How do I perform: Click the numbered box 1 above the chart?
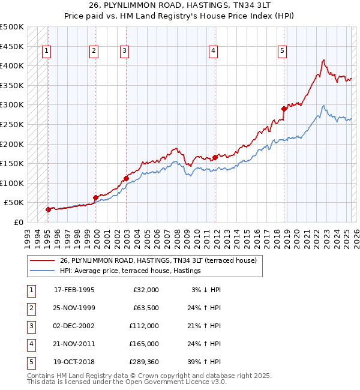tap(46, 51)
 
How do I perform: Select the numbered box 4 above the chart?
tap(213, 51)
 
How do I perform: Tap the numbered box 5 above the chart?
tap(282, 51)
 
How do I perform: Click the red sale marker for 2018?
tap(284, 109)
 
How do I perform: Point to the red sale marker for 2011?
tap(215, 157)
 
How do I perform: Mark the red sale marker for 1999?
tap(95, 197)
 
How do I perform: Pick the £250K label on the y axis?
tap(12, 125)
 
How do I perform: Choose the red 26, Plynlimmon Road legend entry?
tap(158, 260)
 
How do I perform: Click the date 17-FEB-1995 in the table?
tap(74, 290)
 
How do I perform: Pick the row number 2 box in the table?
tap(30, 308)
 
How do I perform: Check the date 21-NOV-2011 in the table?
tap(74, 344)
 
